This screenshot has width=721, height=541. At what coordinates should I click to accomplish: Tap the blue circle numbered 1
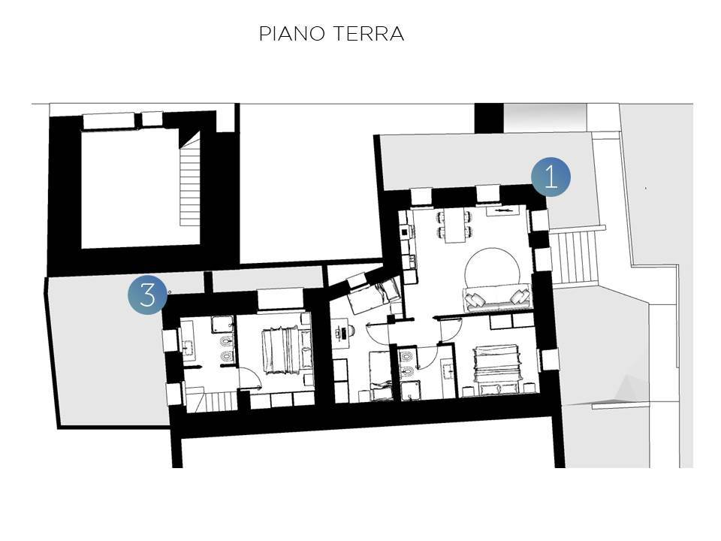(551, 177)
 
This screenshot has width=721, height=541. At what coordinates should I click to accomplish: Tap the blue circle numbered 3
(147, 294)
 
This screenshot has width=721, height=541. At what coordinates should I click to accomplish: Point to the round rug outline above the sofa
(492, 267)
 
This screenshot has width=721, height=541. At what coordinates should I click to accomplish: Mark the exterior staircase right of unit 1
(574, 256)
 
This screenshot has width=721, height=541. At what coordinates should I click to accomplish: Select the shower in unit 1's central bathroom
(412, 389)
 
